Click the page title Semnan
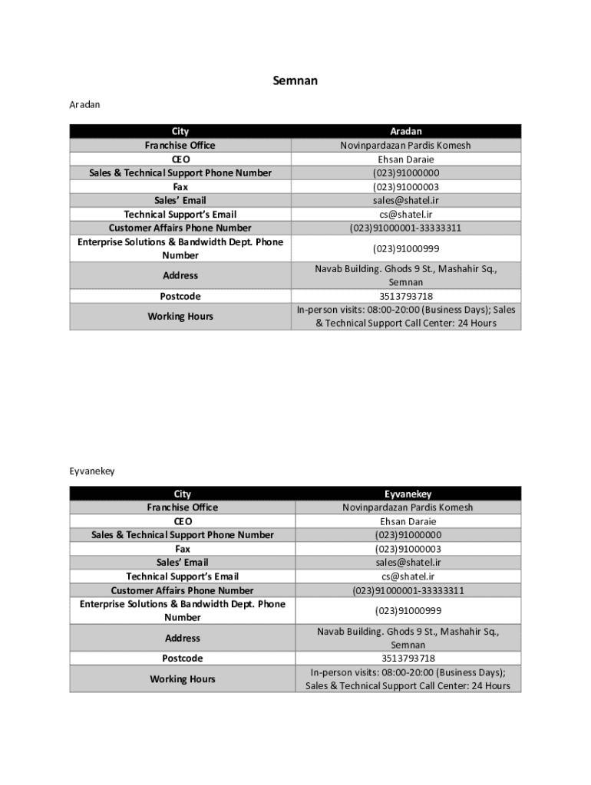tap(295, 80)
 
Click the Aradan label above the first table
tap(84, 103)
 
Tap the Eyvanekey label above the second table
tap(92, 471)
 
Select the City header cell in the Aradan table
tap(180, 131)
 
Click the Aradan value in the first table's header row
tap(405, 131)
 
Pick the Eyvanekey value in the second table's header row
tap(408, 494)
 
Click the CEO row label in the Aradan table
tap(180, 159)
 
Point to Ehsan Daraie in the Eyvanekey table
tap(408, 521)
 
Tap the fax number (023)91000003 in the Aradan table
tap(405, 186)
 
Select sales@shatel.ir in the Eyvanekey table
tap(408, 562)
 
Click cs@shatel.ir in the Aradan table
tap(405, 214)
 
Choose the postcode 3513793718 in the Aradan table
tap(405, 296)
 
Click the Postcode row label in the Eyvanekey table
tap(182, 659)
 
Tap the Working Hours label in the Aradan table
tap(180, 316)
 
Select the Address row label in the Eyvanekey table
tap(182, 638)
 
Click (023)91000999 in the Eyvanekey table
tap(408, 610)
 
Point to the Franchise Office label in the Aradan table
tap(180, 145)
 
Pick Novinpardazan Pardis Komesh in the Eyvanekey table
tap(408, 507)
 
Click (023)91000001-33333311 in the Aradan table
tap(405, 228)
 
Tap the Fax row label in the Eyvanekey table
tap(182, 549)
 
